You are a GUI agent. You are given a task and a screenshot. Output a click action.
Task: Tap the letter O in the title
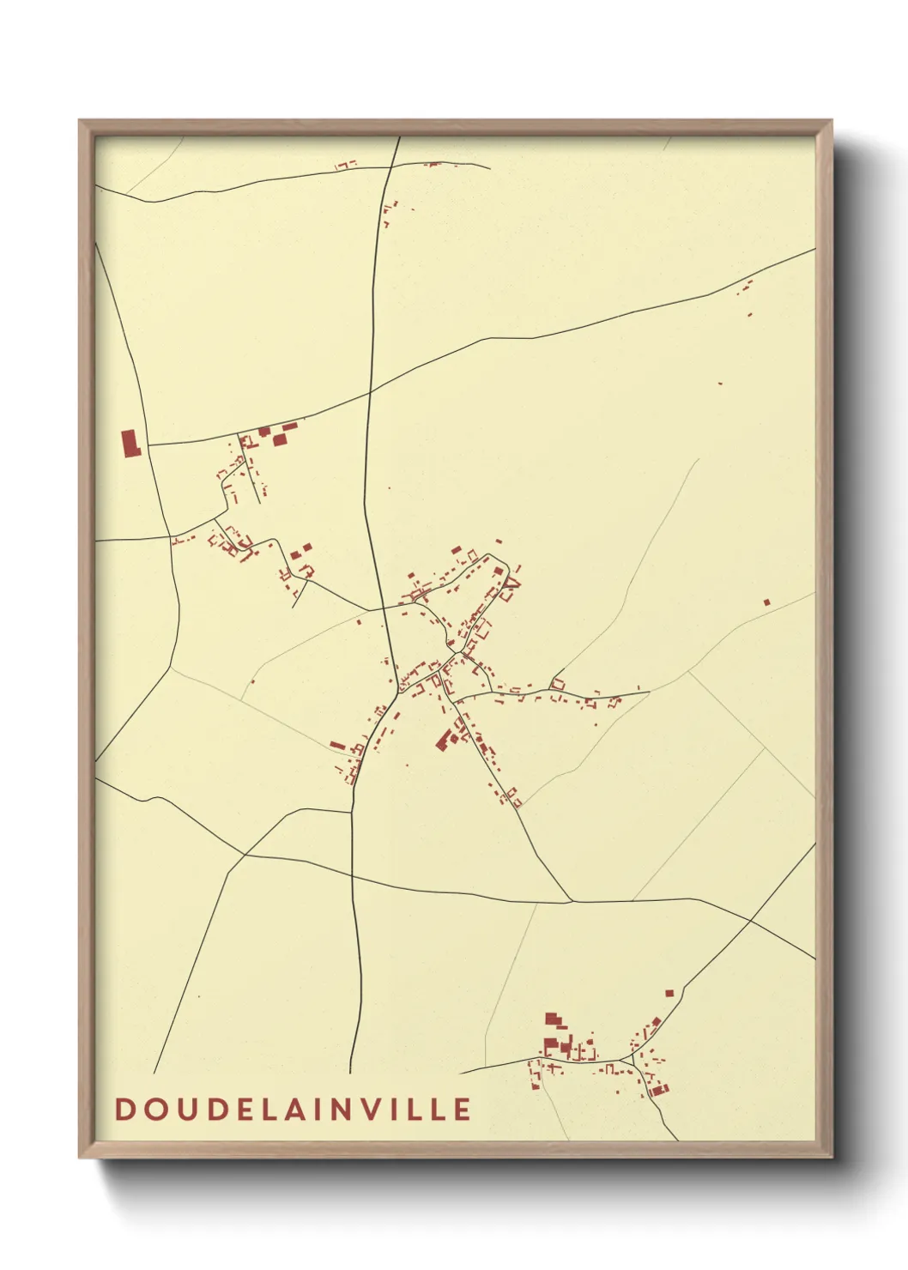coord(148,1109)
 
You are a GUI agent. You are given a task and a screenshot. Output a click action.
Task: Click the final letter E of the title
coord(463,1109)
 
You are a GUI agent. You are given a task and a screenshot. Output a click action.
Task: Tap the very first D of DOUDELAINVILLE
coord(123,1109)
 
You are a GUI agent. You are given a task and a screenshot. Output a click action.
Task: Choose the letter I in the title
coord(318,1109)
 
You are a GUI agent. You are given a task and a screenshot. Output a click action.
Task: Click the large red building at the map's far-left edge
coord(130,443)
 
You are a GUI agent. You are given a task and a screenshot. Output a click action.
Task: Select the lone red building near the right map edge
coord(766,602)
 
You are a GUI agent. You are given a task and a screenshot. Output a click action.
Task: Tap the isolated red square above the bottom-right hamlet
coord(669,993)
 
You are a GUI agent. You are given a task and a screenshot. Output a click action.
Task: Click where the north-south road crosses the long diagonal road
coord(370,392)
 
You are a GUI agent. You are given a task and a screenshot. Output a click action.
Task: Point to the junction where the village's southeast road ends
coord(571,901)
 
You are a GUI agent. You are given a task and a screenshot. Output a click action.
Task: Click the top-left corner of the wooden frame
coord(80,121)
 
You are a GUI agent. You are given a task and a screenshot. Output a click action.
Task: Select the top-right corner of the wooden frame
coord(832,121)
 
